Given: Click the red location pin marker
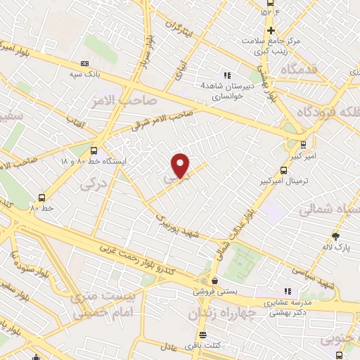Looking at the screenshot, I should click(181, 165).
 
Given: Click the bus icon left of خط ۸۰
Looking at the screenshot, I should click(41, 198).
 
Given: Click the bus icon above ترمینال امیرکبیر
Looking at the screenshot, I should click(283, 170).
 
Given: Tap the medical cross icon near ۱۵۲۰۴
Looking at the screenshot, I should click(270, 30).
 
